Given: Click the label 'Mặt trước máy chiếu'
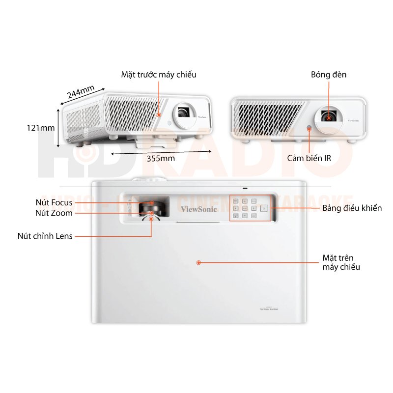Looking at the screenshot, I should pyautogui.click(x=159, y=75).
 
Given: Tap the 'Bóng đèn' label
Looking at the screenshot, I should pyautogui.click(x=329, y=75).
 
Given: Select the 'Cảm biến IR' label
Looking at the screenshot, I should pyautogui.click(x=309, y=158).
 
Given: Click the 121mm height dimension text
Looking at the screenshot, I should pyautogui.click(x=41, y=128).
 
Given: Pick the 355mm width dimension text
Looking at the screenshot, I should pyautogui.click(x=161, y=158).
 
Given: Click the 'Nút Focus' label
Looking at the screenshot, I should pyautogui.click(x=54, y=202).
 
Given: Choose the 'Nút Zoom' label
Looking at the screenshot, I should pyautogui.click(x=54, y=213).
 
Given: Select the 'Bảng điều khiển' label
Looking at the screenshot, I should pyautogui.click(x=352, y=208).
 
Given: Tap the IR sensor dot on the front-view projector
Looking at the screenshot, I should pyautogui.click(x=309, y=128).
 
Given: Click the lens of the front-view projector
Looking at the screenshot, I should pyautogui.click(x=328, y=116).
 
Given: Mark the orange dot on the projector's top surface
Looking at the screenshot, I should pyautogui.click(x=199, y=263).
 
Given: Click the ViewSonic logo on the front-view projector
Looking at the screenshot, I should pyautogui.click(x=353, y=120).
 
